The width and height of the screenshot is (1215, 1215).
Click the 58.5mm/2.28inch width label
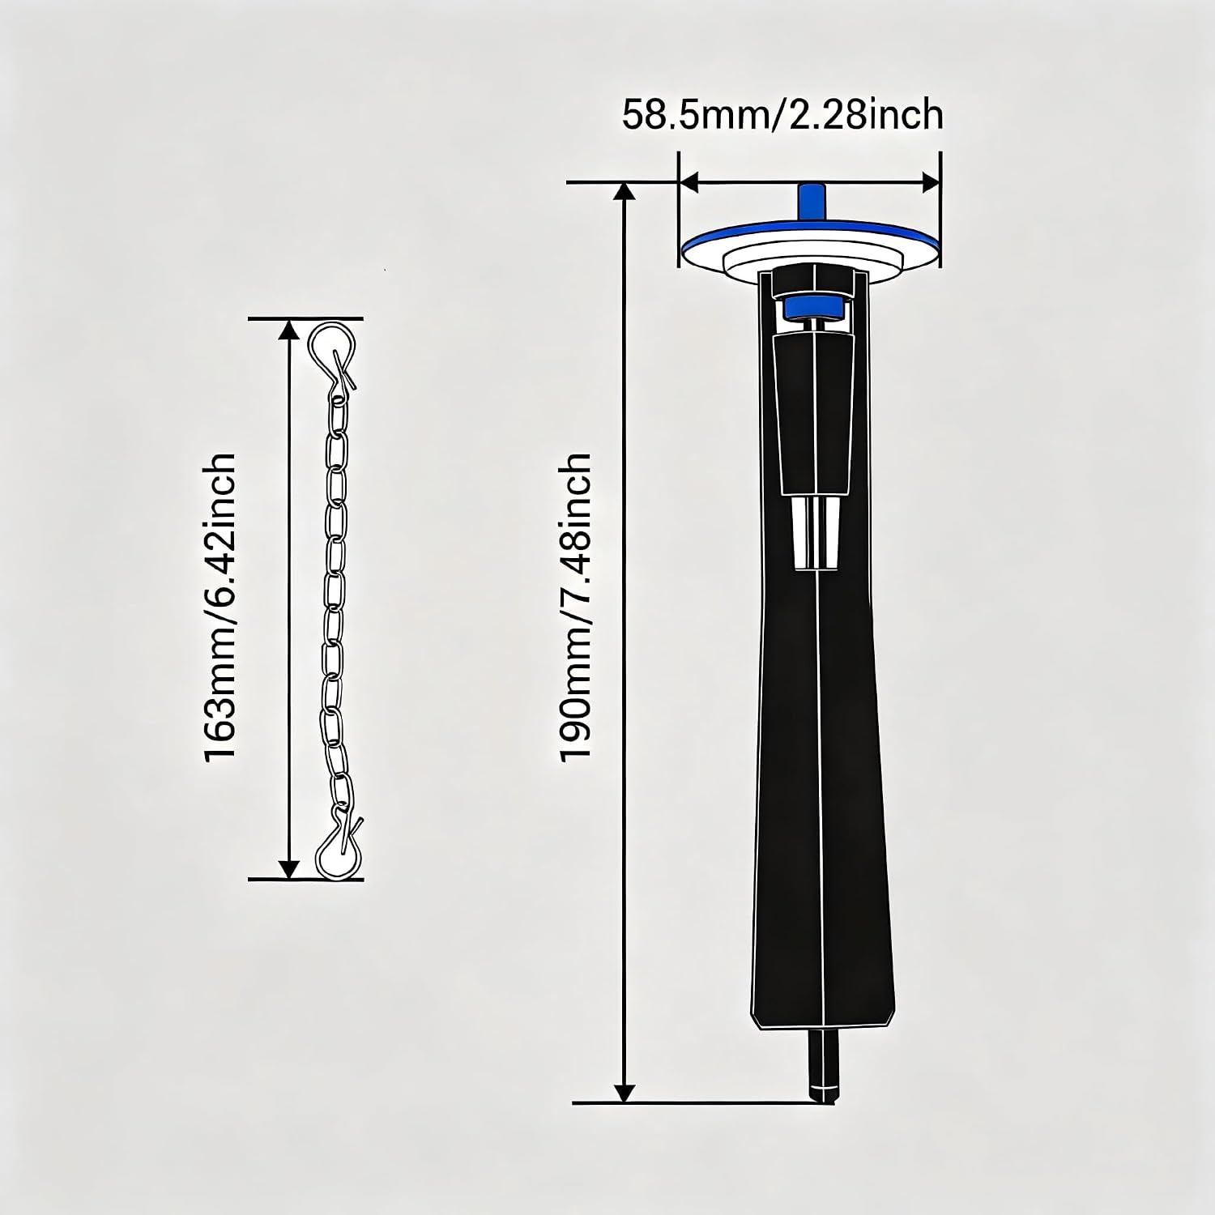tap(782, 115)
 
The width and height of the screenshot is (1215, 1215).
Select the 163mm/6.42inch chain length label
tap(220, 607)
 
